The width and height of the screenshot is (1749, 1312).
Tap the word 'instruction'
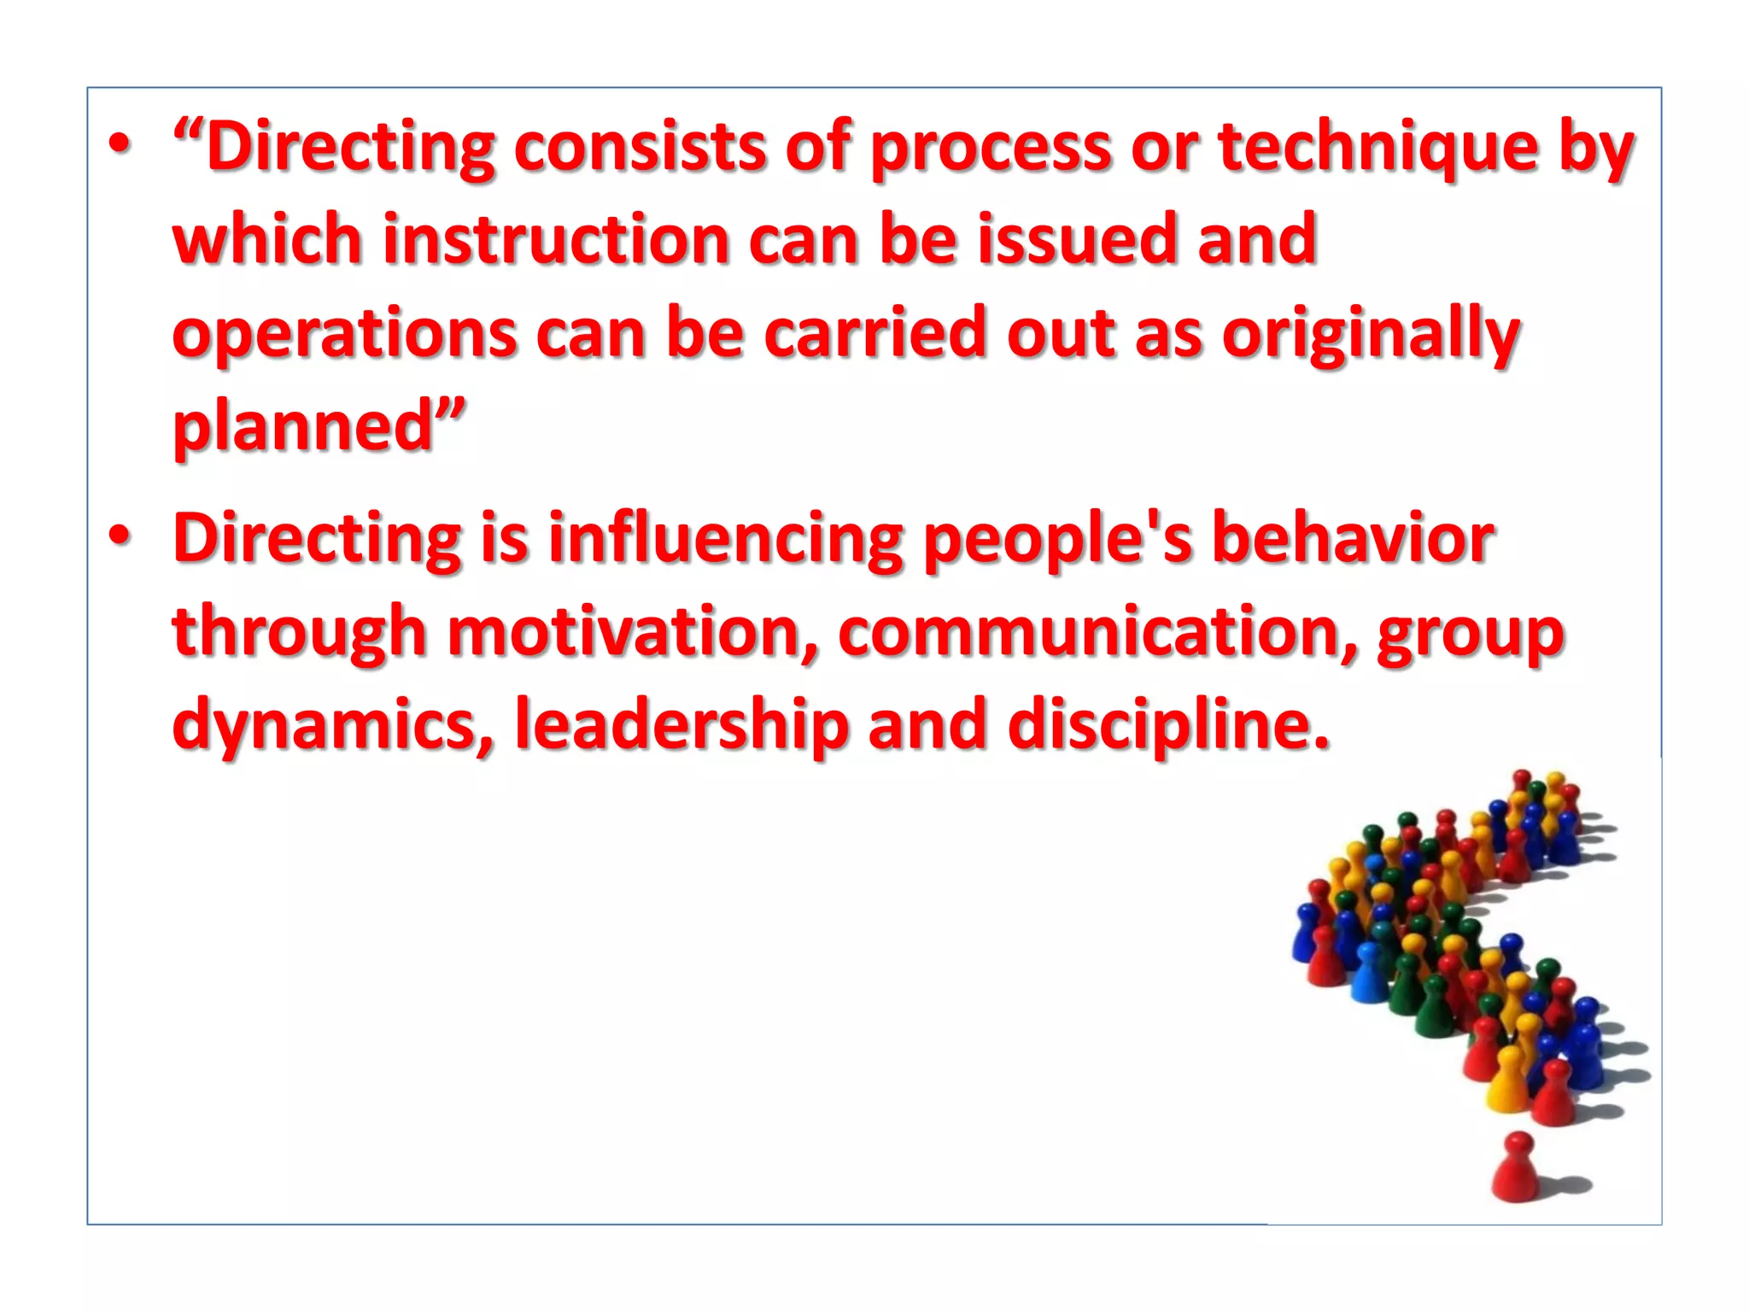(555, 240)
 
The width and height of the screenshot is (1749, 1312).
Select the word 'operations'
(344, 335)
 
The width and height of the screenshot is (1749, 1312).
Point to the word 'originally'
(1371, 335)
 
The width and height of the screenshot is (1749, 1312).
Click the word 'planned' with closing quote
(319, 426)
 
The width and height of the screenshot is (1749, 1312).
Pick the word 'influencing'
(725, 540)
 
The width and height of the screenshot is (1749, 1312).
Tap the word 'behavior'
(1354, 540)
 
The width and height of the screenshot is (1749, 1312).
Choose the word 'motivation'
(633, 633)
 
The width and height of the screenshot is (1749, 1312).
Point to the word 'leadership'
(681, 726)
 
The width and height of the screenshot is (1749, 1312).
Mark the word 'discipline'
(1168, 726)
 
